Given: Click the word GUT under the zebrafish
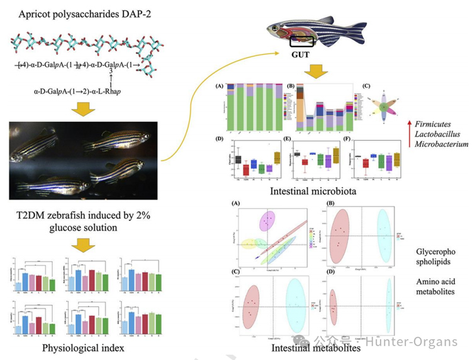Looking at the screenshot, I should pyautogui.click(x=301, y=54).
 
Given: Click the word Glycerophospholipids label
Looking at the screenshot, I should pyautogui.click(x=434, y=257).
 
